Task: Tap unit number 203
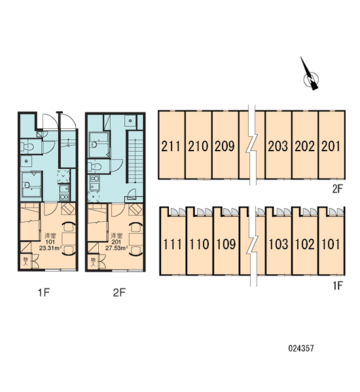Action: click(278, 146)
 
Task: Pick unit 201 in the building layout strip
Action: click(331, 146)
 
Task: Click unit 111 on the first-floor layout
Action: click(172, 244)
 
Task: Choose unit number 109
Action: click(226, 244)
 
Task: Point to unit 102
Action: click(304, 244)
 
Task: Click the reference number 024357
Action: click(301, 348)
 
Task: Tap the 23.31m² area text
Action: click(50, 248)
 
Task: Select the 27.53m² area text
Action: click(117, 248)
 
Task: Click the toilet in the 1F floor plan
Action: click(27, 147)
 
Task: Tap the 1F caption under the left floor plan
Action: click(44, 293)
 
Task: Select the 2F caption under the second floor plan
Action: click(119, 293)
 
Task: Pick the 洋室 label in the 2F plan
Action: click(117, 236)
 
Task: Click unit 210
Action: click(198, 146)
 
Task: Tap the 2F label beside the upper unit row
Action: click(337, 189)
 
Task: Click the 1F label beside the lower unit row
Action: click(338, 285)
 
